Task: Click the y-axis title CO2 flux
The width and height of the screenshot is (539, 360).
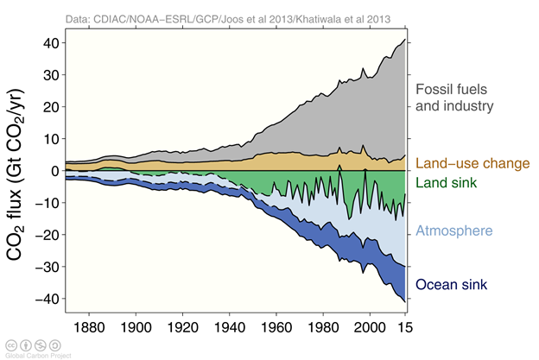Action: click(x=19, y=172)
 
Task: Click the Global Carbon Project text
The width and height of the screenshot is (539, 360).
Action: click(x=31, y=354)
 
